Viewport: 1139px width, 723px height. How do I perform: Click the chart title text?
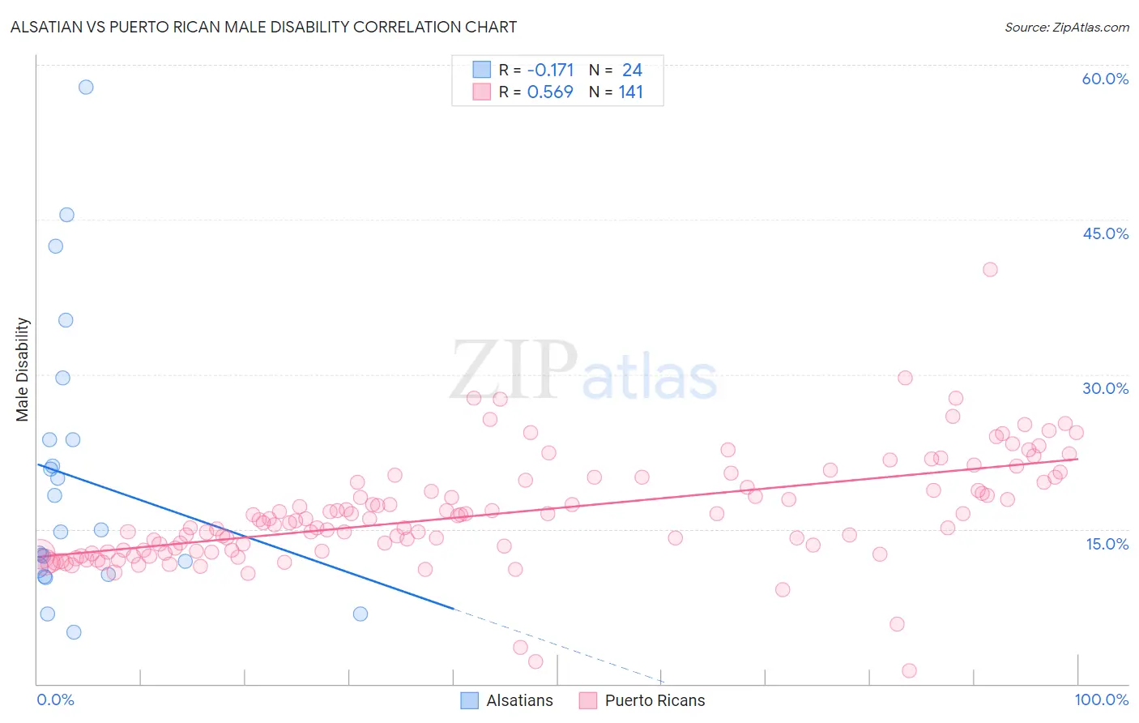(x=263, y=27)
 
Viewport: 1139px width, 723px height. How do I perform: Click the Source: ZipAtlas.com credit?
(x=1066, y=28)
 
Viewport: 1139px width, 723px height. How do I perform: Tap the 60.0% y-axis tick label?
(x=1105, y=79)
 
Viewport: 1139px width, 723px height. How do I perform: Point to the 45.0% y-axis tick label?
(x=1105, y=233)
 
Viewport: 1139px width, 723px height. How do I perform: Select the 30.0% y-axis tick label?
(x=1105, y=388)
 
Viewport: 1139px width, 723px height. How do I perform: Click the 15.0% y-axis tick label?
(x=1107, y=544)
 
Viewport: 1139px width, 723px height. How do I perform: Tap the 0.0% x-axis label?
(x=55, y=699)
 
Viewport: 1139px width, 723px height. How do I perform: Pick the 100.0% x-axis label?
(x=1101, y=699)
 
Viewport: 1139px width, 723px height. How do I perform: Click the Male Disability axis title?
(x=23, y=369)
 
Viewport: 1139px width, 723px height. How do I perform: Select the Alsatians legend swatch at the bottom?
(x=470, y=700)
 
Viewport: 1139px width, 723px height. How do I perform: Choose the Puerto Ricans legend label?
(x=655, y=700)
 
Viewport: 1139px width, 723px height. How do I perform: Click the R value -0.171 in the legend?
(x=550, y=71)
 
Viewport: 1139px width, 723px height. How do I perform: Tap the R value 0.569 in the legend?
(x=550, y=92)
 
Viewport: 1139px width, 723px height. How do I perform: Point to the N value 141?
(x=630, y=92)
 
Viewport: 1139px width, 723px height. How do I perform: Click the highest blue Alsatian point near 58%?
(x=86, y=87)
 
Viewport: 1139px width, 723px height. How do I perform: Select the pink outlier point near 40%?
(x=990, y=270)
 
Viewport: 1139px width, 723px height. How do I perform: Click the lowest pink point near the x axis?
(x=909, y=670)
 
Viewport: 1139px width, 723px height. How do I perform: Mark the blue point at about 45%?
(x=66, y=215)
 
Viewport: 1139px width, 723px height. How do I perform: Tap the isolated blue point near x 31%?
(x=360, y=614)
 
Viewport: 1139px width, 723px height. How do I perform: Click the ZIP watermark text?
(x=514, y=370)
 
